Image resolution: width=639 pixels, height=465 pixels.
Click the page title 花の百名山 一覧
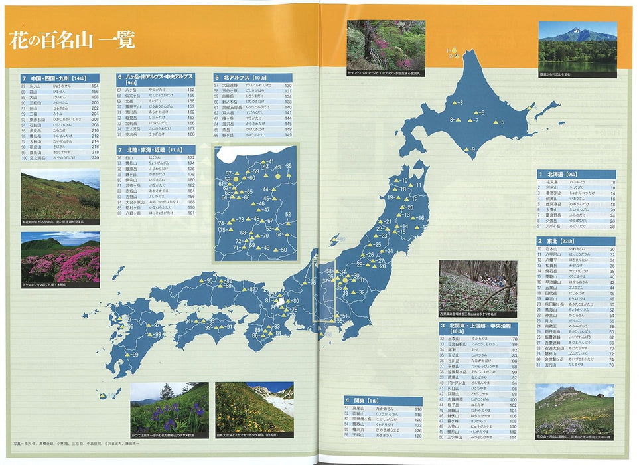click(72, 41)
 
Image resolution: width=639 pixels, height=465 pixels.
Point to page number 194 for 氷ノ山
click(95, 86)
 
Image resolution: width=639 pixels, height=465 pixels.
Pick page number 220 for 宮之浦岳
click(95, 158)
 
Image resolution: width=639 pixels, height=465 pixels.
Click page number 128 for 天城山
click(418, 435)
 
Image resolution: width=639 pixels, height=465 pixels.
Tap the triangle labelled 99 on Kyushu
click(127, 356)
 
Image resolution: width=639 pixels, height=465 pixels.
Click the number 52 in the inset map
click(289, 214)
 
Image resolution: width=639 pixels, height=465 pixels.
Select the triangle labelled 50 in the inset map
click(276, 250)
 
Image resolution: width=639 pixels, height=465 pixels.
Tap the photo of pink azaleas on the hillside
click(60, 257)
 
